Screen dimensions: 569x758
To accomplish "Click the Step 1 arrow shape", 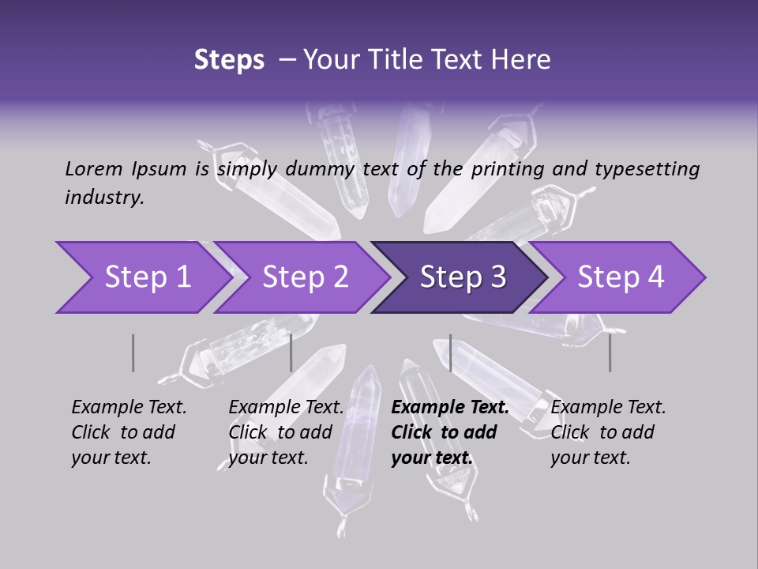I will pyautogui.click(x=142, y=277).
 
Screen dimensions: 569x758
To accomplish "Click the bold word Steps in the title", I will pyautogui.click(x=229, y=59).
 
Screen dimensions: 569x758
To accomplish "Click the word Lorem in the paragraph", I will pyautogui.click(x=94, y=168).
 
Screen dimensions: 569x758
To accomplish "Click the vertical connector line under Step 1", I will pyautogui.click(x=133, y=352).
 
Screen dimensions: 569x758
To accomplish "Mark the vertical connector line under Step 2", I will pyautogui.click(x=291, y=352).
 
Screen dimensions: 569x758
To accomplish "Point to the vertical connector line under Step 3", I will pyautogui.click(x=450, y=352).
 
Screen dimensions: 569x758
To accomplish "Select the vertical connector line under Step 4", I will pyautogui.click(x=610, y=352).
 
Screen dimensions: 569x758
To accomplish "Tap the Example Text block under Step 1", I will pyautogui.click(x=129, y=432).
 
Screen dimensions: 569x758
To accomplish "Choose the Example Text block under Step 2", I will pyautogui.click(x=286, y=432).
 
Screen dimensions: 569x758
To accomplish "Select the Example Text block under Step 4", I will pyautogui.click(x=608, y=432).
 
